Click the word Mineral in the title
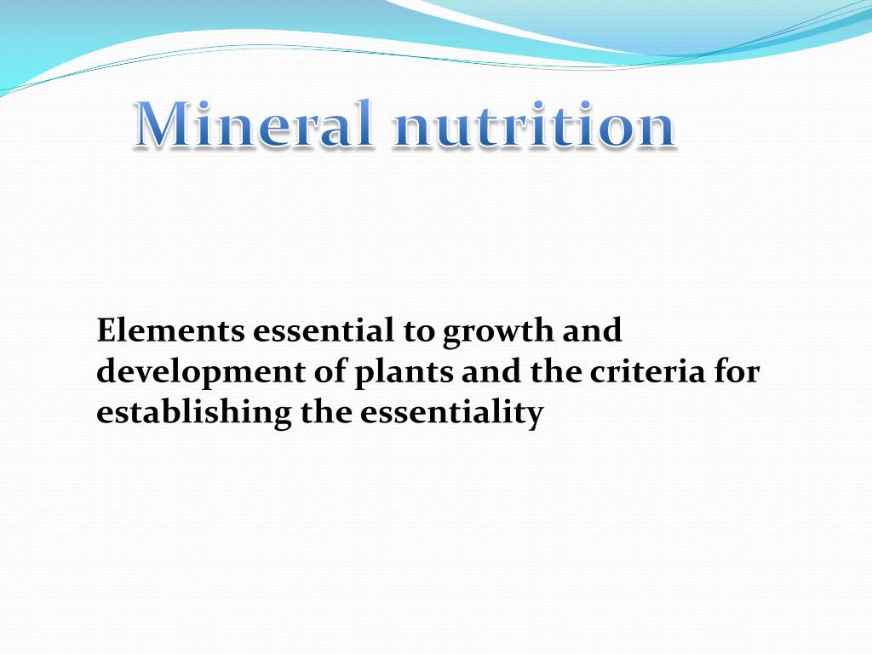[x=254, y=125]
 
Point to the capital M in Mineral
[x=168, y=125]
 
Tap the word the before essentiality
[x=329, y=412]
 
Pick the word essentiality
[x=451, y=414]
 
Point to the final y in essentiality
[x=535, y=416]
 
